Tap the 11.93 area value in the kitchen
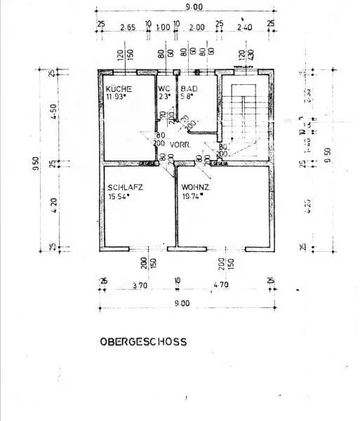pyautogui.click(x=117, y=98)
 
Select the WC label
pyautogui.click(x=164, y=89)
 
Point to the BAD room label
pyautogui.click(x=188, y=89)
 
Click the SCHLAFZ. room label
pyautogui.click(x=126, y=188)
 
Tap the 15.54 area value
pyautogui.click(x=121, y=197)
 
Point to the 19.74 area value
pyautogui.click(x=192, y=197)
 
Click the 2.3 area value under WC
pyautogui.click(x=163, y=98)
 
